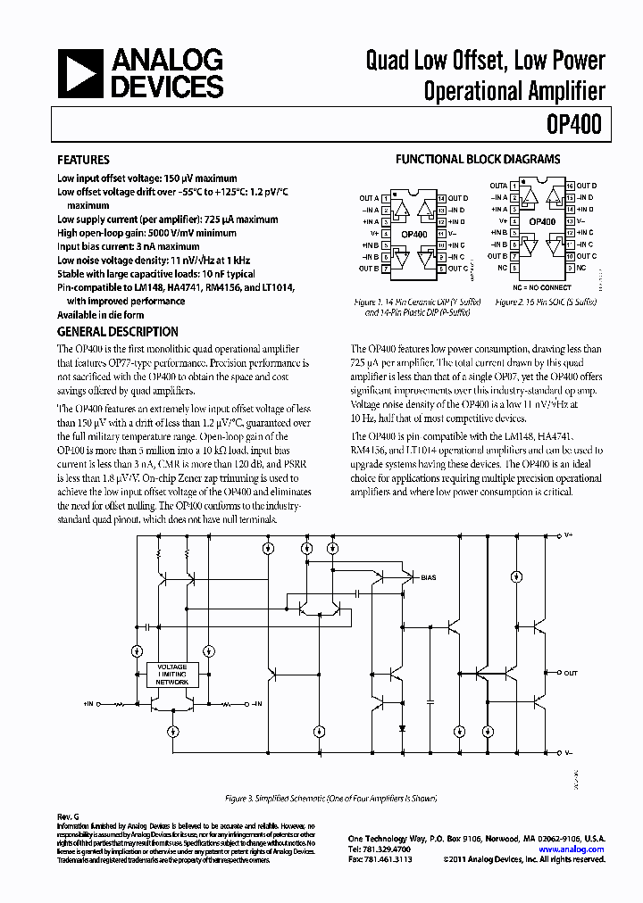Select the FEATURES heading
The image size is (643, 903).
point(83,161)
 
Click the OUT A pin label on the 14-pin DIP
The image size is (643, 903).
point(368,197)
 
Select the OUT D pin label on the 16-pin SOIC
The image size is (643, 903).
point(587,185)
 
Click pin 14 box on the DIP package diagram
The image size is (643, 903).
point(441,197)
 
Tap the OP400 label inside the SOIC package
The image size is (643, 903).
point(542,221)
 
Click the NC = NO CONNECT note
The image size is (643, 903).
point(542,287)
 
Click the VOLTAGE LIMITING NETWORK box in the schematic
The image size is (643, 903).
point(172,675)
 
